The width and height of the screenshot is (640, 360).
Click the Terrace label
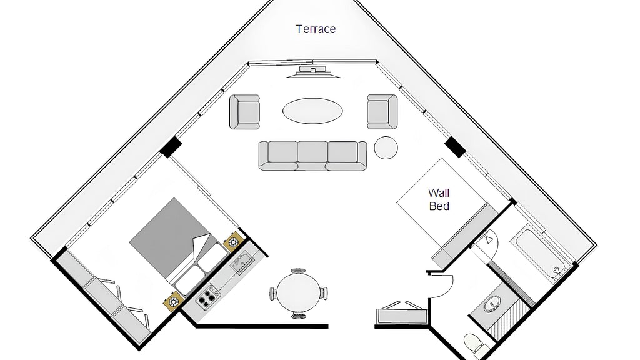pos(316,29)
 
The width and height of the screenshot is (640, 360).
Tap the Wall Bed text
pos(439,199)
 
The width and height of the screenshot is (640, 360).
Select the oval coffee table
pos(312,111)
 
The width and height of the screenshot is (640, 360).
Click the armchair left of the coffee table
pos(244,112)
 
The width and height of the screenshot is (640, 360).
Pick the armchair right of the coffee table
pos(382,112)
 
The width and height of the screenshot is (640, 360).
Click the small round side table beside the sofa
pos(386,147)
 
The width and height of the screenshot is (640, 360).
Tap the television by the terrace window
pos(313,72)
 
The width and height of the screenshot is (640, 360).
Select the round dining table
pos(299,292)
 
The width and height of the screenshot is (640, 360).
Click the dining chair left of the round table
pos(273,294)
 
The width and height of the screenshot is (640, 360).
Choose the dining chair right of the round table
pos(324,294)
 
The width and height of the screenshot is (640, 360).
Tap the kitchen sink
pos(242,263)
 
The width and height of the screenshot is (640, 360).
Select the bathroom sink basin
pos(492,304)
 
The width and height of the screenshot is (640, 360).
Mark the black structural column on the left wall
pos(170,147)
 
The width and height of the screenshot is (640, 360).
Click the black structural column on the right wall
pos(455,147)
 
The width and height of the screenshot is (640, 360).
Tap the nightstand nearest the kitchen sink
pos(234,242)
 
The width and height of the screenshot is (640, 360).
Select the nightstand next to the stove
pos(174,302)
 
